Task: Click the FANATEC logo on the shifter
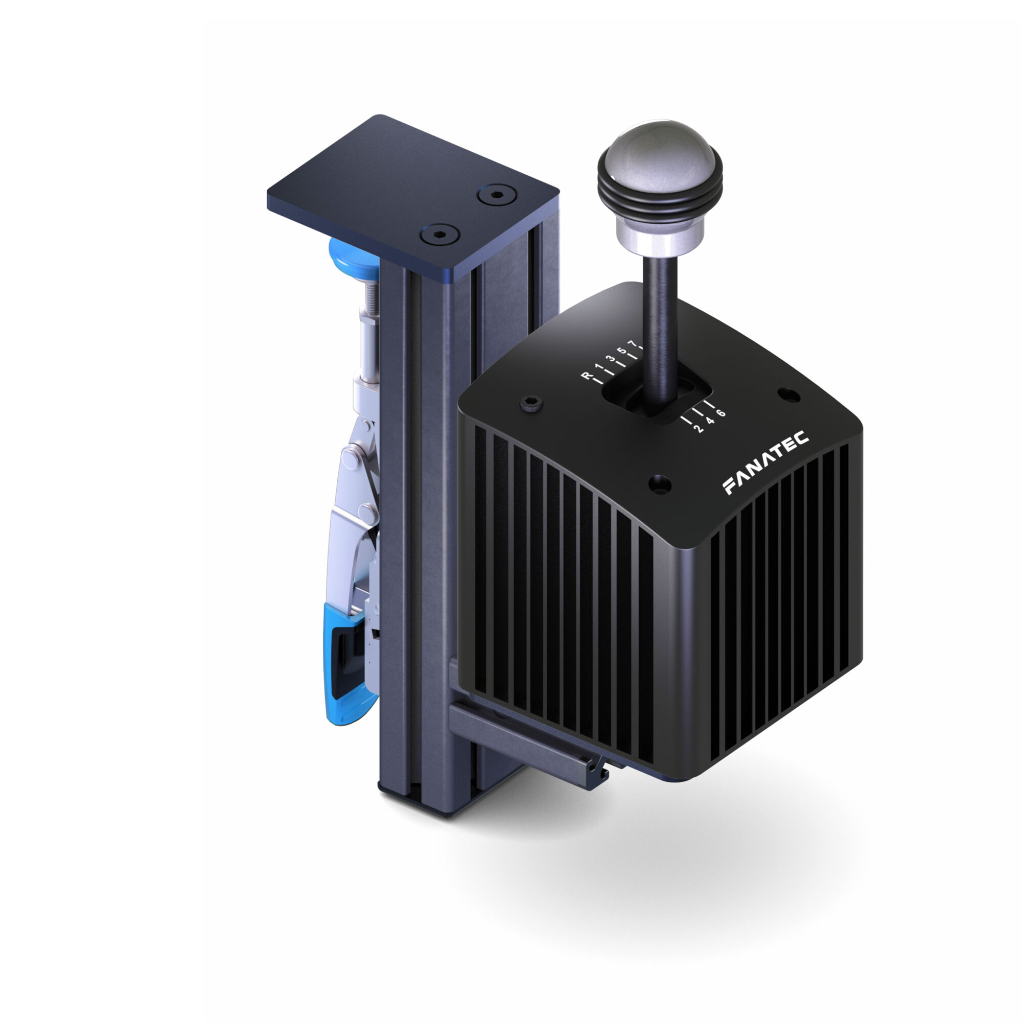click(765, 462)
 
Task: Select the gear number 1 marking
click(598, 367)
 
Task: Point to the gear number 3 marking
click(611, 359)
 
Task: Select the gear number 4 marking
click(710, 421)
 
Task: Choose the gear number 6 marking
click(721, 413)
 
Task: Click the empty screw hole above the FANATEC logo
click(788, 394)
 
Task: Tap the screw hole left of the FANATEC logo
click(659, 483)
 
